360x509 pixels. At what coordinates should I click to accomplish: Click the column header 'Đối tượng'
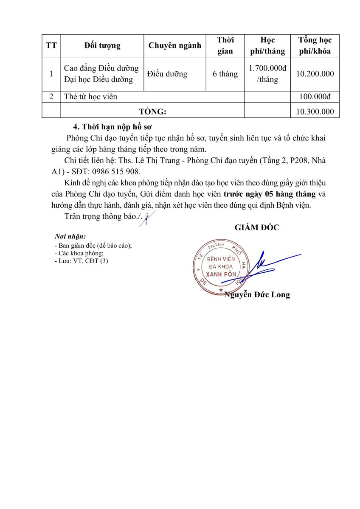click(x=102, y=46)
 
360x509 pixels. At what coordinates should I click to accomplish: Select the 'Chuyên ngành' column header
click(x=174, y=46)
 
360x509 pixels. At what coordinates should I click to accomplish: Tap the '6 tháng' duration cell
click(x=225, y=74)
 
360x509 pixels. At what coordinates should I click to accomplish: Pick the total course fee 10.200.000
click(x=315, y=74)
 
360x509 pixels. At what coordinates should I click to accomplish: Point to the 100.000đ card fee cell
click(x=315, y=97)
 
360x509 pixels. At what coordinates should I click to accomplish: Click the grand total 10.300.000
click(x=315, y=112)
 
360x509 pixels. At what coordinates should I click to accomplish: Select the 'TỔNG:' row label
click(x=152, y=112)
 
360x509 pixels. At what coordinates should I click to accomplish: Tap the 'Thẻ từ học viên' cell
click(x=90, y=97)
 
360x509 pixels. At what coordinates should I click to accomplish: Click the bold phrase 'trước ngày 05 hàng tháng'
click(x=270, y=194)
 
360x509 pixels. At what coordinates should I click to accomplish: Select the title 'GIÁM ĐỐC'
click(x=257, y=227)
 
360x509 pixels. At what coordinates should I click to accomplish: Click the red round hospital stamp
click(x=220, y=267)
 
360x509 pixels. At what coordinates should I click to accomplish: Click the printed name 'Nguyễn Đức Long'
click(x=257, y=295)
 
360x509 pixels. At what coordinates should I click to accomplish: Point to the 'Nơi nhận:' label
click(x=70, y=236)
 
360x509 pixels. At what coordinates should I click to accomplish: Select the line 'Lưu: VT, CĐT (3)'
click(x=83, y=261)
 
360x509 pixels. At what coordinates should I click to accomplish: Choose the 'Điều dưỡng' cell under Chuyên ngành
click(x=167, y=74)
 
